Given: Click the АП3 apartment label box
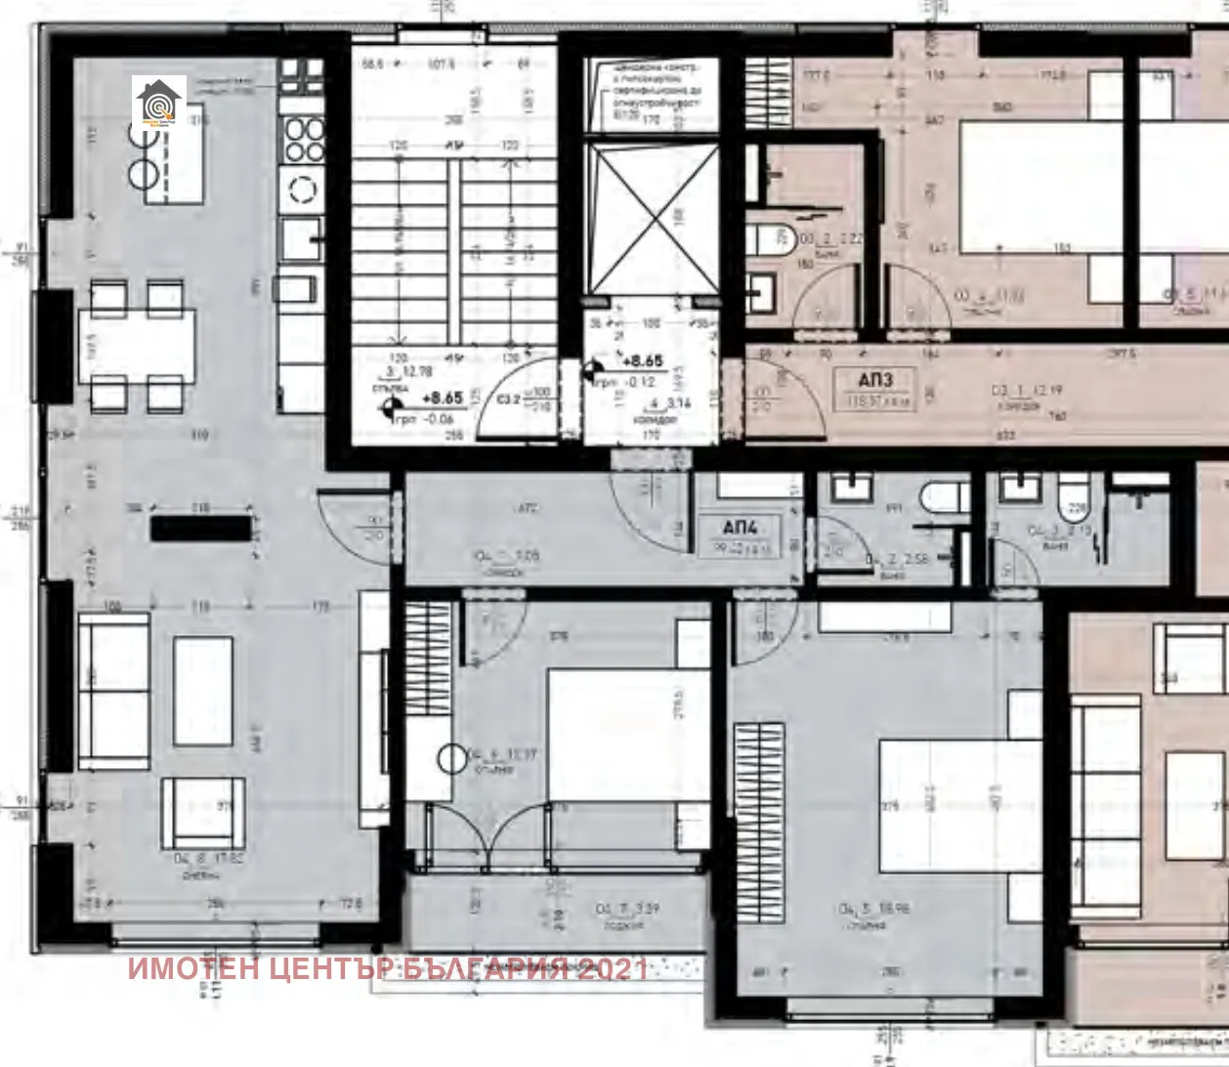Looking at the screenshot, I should pyautogui.click(x=874, y=388).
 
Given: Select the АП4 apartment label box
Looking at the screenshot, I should pyautogui.click(x=740, y=534).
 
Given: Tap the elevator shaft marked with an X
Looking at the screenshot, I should pyautogui.click(x=652, y=218).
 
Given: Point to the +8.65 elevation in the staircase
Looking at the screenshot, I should pyautogui.click(x=442, y=398).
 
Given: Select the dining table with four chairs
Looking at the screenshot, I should pyautogui.click(x=137, y=346).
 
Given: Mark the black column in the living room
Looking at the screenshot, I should pyautogui.click(x=201, y=529).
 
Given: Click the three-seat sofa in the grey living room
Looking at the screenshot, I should pyautogui.click(x=113, y=691).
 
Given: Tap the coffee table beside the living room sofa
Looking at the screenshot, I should pyautogui.click(x=203, y=691).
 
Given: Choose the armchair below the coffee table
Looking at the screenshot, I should pyautogui.click(x=202, y=812).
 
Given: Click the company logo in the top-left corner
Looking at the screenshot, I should pyautogui.click(x=159, y=102).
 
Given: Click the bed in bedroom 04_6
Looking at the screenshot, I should pyautogui.click(x=627, y=733).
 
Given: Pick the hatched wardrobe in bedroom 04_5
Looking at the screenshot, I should pyautogui.click(x=759, y=822).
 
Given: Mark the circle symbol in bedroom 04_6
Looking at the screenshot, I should pyautogui.click(x=453, y=757).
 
